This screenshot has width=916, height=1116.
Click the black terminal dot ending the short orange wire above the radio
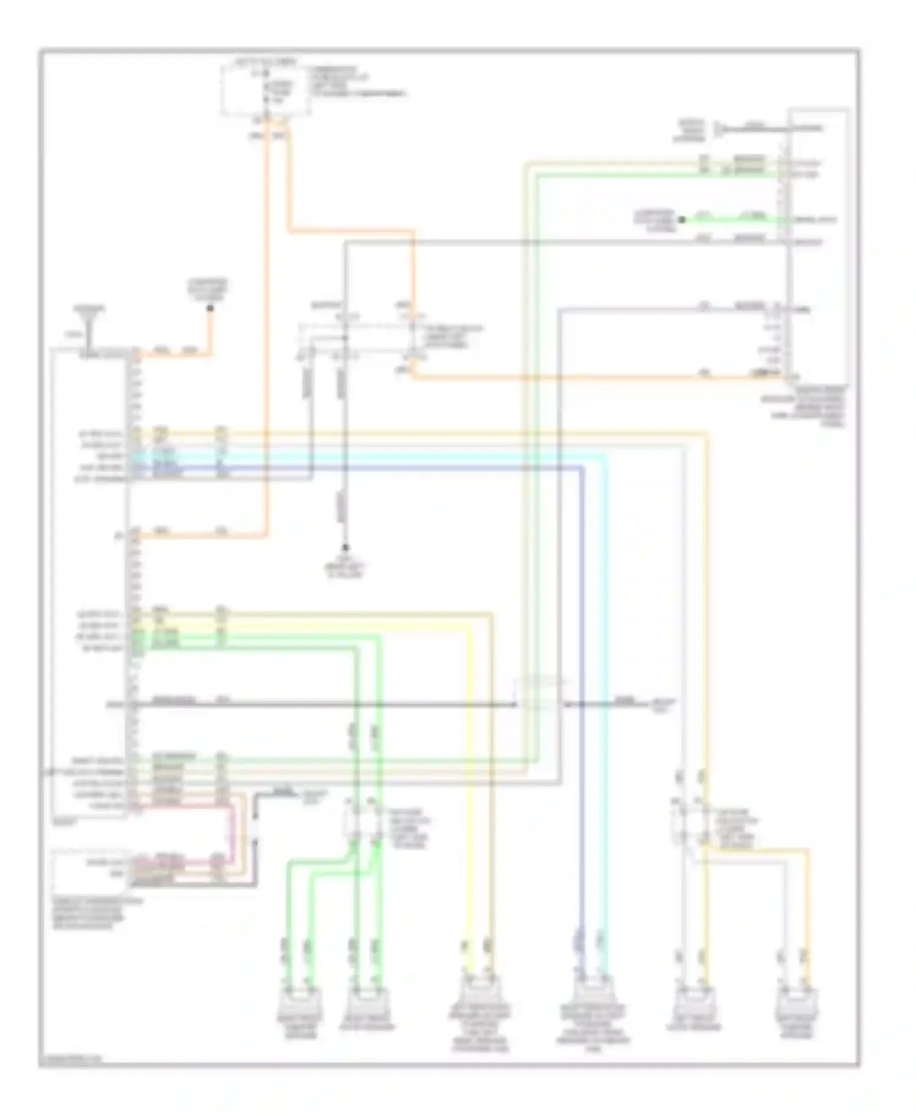[209, 309]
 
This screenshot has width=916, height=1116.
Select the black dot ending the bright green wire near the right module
[682, 219]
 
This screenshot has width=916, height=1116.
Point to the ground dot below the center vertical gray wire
[344, 548]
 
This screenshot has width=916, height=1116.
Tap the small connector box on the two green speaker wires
[360, 821]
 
